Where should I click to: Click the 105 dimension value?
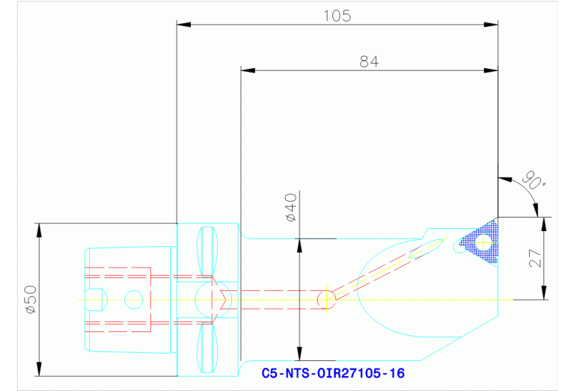pyautogui.click(x=337, y=16)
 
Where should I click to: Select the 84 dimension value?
pyautogui.click(x=369, y=62)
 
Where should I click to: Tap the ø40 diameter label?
pyautogui.click(x=291, y=207)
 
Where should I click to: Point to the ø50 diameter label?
pyautogui.click(x=29, y=299)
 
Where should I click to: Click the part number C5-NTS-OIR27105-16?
pyautogui.click(x=334, y=372)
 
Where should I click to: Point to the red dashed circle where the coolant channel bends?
pyautogui.click(x=326, y=299)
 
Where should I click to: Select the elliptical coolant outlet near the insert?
pyautogui.click(x=424, y=248)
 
